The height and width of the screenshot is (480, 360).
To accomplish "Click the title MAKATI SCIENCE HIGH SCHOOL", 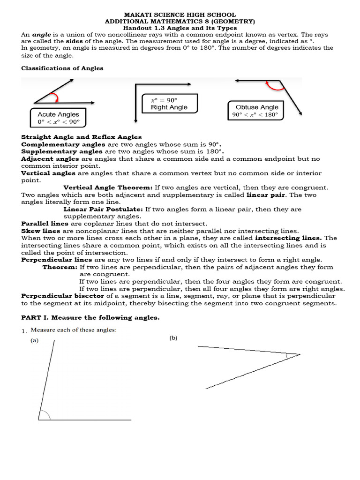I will [180, 15].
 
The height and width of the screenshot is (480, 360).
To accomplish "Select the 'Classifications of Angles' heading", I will [62, 68].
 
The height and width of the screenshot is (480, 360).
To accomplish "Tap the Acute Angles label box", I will [59, 118].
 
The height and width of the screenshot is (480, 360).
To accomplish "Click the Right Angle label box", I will [169, 104].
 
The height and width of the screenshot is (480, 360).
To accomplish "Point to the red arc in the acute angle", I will [56, 97].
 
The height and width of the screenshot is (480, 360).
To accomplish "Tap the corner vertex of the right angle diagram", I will [135, 85].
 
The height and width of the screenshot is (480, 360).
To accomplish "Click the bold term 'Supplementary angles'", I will [62, 152].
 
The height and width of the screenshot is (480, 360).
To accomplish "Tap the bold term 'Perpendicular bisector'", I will [62, 296].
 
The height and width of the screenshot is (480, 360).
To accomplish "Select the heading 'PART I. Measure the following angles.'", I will [90, 318].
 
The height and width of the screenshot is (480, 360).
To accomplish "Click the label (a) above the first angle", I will [35, 341].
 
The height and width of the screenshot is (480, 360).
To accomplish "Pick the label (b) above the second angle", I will [173, 338].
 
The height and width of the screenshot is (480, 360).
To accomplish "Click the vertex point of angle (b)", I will [300, 354].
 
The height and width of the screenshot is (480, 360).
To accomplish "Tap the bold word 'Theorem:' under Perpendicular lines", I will [60, 267].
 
